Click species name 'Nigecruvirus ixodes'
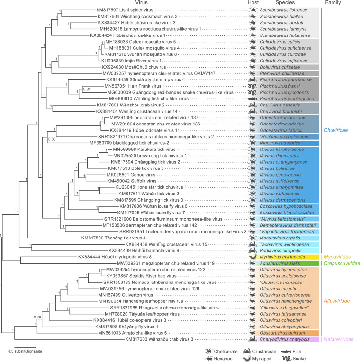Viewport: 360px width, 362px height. click(281, 142)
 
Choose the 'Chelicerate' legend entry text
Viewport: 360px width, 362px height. click(222, 350)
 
